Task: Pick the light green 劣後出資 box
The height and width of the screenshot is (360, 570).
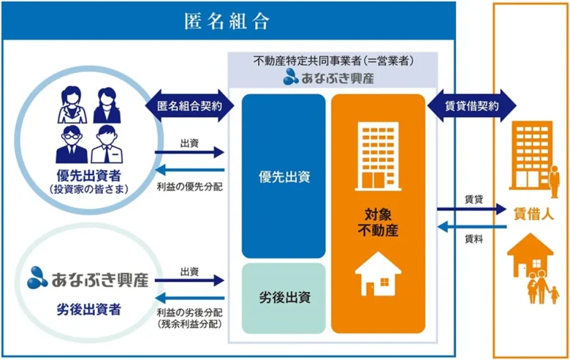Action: tap(284, 297)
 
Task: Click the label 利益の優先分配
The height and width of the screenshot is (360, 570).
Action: tap(190, 187)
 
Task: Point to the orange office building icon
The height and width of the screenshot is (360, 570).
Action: tap(531, 153)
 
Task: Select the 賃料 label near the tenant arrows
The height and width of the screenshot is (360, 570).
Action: tap(473, 239)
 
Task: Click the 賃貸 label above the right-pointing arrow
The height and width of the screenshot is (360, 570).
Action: tap(473, 198)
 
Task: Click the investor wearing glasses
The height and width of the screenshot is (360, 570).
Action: tap(72, 143)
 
